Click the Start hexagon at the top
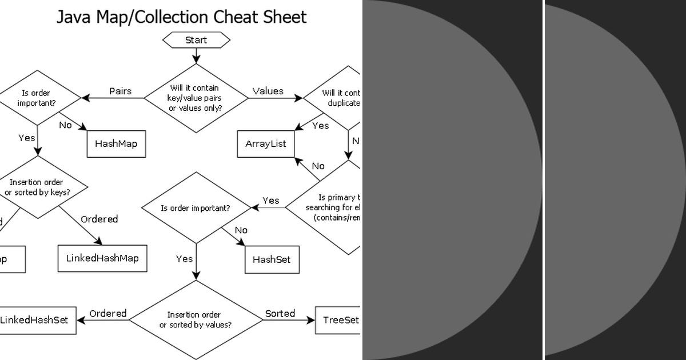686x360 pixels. (196, 40)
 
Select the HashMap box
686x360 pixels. (116, 143)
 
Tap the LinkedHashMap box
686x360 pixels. (102, 258)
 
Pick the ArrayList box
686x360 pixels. (266, 143)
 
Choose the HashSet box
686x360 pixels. (272, 259)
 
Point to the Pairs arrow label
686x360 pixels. (120, 91)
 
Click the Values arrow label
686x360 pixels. (268, 91)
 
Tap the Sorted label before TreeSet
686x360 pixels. (280, 313)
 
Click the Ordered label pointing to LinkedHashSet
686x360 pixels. (108, 313)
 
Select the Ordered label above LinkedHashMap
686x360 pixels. (99, 219)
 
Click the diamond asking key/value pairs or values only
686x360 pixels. (196, 98)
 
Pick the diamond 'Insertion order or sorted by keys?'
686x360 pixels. (38, 187)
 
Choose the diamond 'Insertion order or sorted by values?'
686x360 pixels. (196, 319)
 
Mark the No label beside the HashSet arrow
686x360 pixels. (241, 230)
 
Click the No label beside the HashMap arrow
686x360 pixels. (65, 125)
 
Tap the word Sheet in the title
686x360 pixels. (285, 17)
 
